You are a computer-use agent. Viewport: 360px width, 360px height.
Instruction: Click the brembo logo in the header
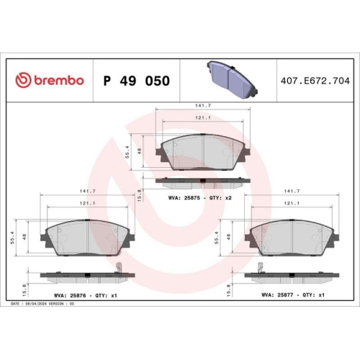49,81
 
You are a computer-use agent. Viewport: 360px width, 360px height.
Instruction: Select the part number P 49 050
137,81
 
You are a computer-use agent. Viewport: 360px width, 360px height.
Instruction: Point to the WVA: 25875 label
183,197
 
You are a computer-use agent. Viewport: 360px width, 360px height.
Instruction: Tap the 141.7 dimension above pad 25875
204,106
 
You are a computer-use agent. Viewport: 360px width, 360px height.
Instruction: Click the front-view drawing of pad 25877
292,236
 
